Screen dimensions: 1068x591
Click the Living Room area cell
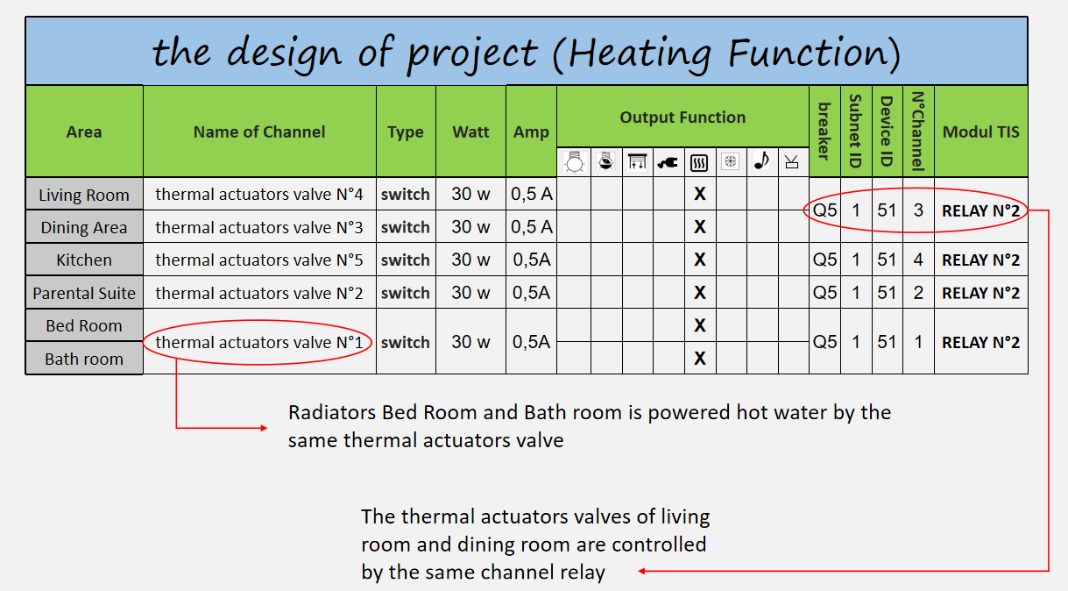[x=84, y=195]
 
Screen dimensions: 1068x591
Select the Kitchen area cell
[x=84, y=260]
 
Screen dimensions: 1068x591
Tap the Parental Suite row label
[x=84, y=293]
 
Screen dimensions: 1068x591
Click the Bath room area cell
[x=84, y=359]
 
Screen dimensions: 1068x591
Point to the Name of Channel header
[x=259, y=132]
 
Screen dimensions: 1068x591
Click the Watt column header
[x=470, y=132]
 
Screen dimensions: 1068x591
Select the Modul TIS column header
[x=980, y=132]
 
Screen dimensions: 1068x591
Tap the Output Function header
[x=683, y=117]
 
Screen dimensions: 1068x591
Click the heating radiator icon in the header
[x=699, y=162]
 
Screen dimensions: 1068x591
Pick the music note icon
[x=761, y=161]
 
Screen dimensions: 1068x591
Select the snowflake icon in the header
[x=730, y=161]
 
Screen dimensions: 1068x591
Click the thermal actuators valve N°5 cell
[x=259, y=260]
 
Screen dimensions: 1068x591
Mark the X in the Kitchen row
[x=699, y=260]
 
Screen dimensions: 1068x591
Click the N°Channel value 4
[x=918, y=260]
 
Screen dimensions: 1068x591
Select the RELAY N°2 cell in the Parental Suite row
[x=980, y=293]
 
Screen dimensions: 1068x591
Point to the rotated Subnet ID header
[x=856, y=132]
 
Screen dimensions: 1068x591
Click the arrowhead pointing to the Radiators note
[x=264, y=428]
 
